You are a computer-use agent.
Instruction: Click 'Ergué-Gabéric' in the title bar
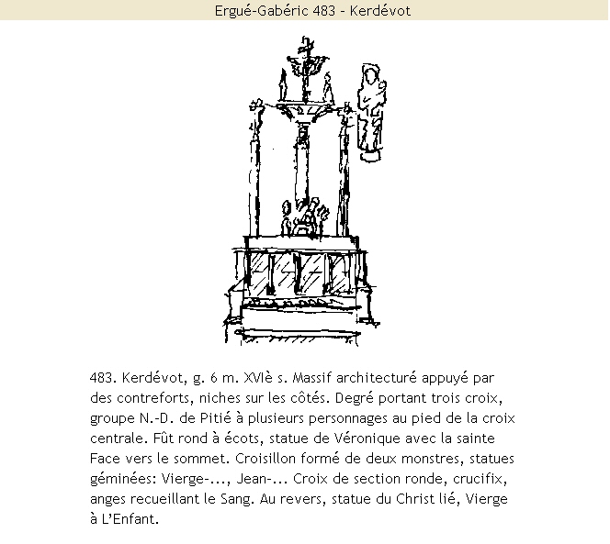pos(254,10)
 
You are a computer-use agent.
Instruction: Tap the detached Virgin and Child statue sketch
pos(371,111)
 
